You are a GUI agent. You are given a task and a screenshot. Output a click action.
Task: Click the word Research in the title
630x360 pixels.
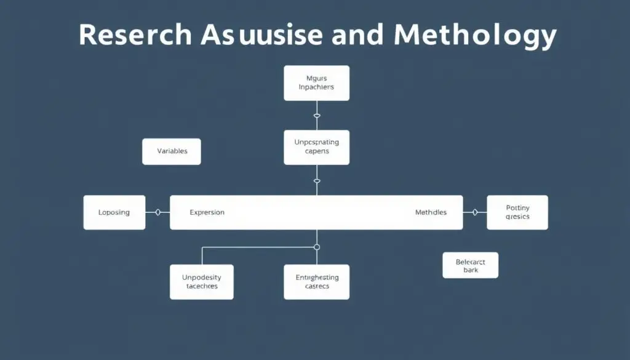(x=135, y=36)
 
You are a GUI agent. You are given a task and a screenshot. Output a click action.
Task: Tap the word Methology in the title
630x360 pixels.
(x=475, y=36)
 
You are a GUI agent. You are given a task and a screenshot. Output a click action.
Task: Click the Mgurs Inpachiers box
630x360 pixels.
(x=316, y=83)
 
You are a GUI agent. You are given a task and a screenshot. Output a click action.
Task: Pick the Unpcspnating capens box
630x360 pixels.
(x=316, y=147)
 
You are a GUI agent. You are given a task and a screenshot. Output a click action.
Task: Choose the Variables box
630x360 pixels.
(x=172, y=151)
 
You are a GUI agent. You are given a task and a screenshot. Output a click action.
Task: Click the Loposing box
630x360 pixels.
(x=114, y=212)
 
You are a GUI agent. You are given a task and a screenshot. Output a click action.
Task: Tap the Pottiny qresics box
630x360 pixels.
(x=517, y=212)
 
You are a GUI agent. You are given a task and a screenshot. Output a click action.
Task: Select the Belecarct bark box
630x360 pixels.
(x=470, y=265)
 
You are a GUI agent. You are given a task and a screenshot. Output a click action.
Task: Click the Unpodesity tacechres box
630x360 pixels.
(x=201, y=282)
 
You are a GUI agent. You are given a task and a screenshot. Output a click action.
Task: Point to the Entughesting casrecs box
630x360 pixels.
(x=316, y=282)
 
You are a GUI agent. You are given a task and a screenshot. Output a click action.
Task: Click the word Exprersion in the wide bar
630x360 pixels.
(x=207, y=212)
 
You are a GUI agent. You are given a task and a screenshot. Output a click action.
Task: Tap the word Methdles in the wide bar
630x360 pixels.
(x=431, y=212)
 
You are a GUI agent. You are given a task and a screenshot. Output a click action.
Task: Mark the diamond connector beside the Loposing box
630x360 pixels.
(x=158, y=212)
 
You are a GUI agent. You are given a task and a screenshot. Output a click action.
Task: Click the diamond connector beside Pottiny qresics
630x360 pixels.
(x=474, y=212)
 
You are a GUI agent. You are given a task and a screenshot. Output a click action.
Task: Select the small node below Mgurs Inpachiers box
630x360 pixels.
(x=317, y=115)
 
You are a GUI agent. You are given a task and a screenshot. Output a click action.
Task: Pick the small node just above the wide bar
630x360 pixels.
(x=317, y=181)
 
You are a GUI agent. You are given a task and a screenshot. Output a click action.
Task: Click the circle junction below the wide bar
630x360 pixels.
(x=317, y=247)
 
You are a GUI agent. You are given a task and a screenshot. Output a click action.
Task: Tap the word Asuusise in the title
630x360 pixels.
(x=261, y=36)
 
